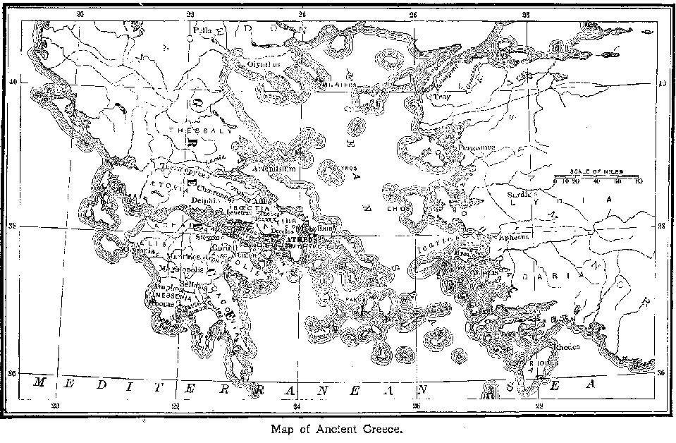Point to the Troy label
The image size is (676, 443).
point(441,97)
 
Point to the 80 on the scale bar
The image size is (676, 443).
point(638,181)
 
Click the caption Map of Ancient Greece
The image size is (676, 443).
point(336,427)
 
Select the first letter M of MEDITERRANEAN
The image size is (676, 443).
point(41,384)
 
